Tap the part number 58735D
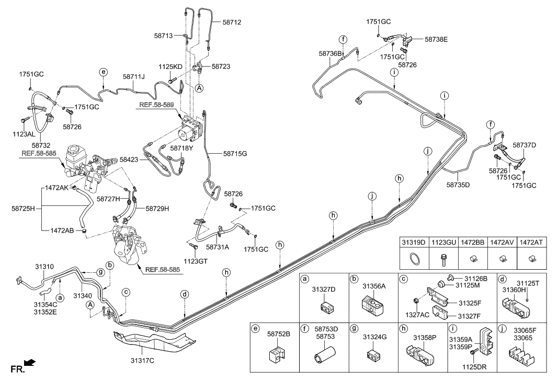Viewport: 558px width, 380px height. [458, 185]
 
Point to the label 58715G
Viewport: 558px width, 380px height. [235, 154]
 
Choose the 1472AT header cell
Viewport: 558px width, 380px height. [531, 242]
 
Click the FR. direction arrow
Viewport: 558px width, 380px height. [30, 362]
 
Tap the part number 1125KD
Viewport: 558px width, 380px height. [170, 67]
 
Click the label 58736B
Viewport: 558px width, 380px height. [331, 53]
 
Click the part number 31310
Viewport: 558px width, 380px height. [44, 266]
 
